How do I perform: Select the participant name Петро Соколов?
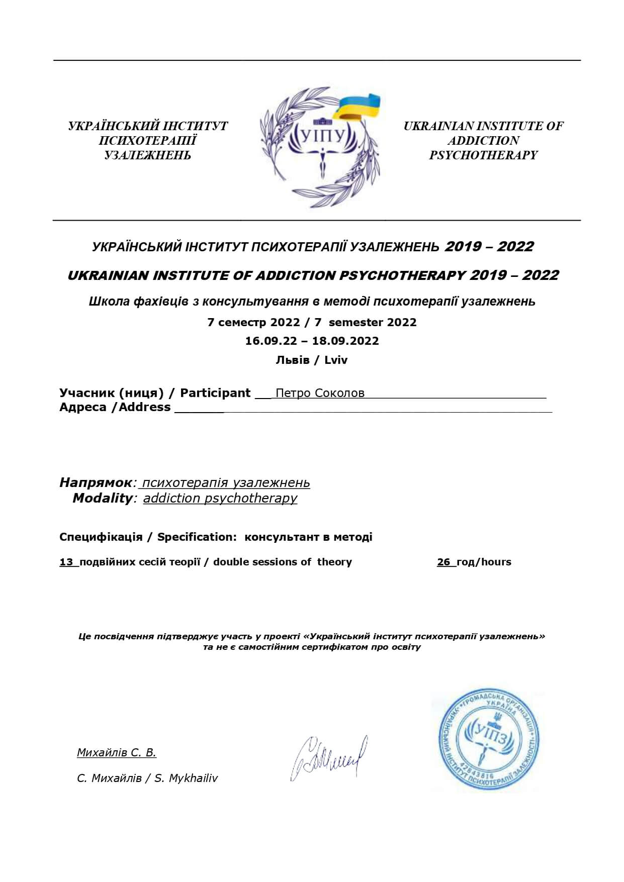(320, 393)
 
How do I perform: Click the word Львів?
(292, 360)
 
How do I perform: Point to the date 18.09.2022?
(345, 341)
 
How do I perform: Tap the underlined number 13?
(66, 562)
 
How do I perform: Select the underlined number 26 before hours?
(443, 562)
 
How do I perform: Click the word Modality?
(102, 498)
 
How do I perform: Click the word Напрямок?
(96, 482)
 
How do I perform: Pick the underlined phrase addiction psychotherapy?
(220, 498)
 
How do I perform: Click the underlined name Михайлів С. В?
(117, 752)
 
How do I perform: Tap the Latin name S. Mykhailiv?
(186, 778)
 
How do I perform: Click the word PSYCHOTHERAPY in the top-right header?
(483, 155)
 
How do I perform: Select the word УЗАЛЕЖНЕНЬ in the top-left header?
(147, 155)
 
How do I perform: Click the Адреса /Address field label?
(115, 407)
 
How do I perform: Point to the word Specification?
(197, 537)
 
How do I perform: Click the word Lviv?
(336, 360)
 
